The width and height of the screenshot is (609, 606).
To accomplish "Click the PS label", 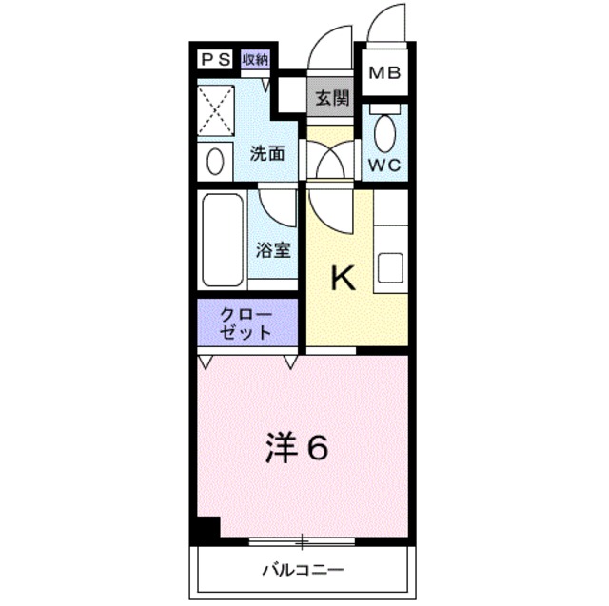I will click(214, 59).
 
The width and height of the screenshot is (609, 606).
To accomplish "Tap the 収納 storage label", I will click(255, 59).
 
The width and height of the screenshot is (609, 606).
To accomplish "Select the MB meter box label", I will click(385, 73).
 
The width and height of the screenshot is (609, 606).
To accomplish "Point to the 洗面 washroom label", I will click(267, 153).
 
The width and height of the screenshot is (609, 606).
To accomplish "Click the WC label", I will click(384, 164).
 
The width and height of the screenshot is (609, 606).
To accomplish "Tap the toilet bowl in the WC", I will click(384, 132).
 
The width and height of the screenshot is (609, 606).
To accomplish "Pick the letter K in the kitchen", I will click(343, 279).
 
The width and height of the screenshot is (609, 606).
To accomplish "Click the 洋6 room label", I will click(296, 447).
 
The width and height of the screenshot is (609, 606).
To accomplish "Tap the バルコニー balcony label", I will click(304, 571).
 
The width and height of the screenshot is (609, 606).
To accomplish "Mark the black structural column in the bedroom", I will click(206, 529).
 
